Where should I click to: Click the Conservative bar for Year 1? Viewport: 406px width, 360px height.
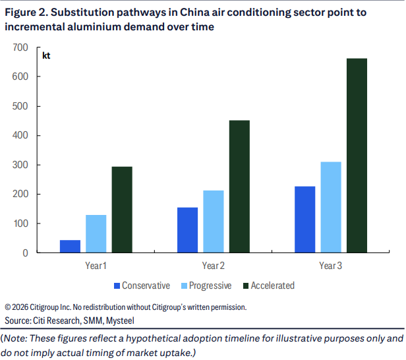[70, 246]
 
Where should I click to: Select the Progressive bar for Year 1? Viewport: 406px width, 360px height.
[96, 233]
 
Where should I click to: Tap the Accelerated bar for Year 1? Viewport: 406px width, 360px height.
[121, 209]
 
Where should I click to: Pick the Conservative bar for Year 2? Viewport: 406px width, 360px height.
[187, 229]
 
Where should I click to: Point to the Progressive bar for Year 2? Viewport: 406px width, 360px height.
[213, 221]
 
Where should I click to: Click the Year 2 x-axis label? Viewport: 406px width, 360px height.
[213, 266]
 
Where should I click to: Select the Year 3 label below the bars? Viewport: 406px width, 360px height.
[330, 266]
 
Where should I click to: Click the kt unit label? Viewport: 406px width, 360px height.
[46, 55]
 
